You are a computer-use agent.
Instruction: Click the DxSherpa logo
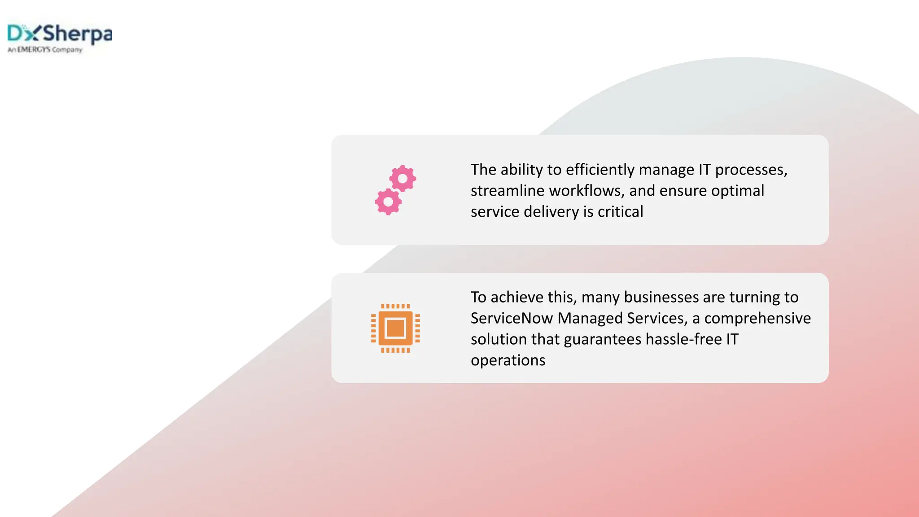point(60,34)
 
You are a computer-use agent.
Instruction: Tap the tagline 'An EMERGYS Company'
point(45,50)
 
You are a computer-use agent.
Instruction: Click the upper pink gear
point(403,179)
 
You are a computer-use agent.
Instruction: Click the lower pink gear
point(388,202)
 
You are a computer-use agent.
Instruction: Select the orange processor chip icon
point(395,328)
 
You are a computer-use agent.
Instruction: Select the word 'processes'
point(750,170)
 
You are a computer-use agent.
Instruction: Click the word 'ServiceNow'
point(512,318)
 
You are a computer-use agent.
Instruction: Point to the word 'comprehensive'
point(757,318)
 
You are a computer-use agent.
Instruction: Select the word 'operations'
point(508,360)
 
